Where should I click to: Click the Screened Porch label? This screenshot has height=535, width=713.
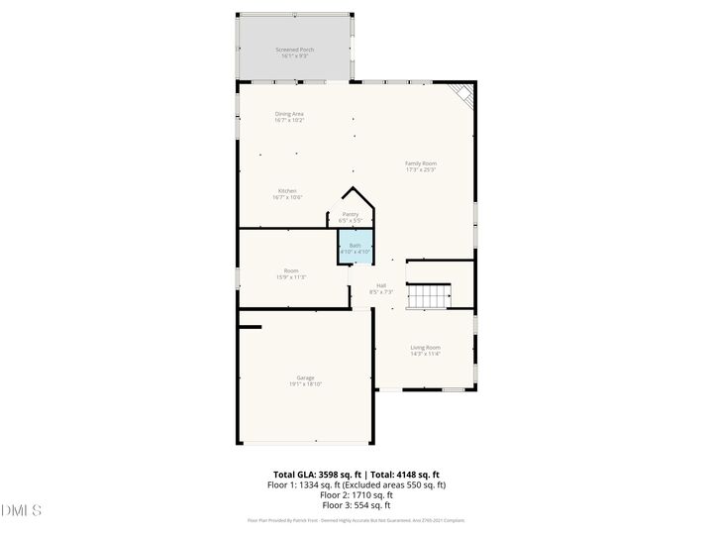coord(295,49)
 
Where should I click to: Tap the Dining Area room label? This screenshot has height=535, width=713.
coord(289,114)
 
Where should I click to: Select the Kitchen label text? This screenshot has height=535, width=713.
coord(287,191)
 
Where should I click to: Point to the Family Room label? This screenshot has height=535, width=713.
coord(421,163)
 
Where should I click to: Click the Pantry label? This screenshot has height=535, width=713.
coord(351,214)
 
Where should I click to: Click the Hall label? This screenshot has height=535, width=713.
coord(381,285)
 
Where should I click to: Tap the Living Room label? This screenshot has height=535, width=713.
coord(426,347)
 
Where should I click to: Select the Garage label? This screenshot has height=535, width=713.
coord(306,377)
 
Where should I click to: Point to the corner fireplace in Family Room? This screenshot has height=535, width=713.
coord(462,93)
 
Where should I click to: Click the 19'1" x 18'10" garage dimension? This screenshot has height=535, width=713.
coord(306,383)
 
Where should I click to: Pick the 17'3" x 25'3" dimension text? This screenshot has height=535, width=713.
coord(421,169)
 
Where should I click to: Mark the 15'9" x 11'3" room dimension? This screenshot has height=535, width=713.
coord(291,276)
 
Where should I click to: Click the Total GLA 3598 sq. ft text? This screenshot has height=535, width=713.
coord(318,475)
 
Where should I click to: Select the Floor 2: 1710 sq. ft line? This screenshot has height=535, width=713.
coord(356,494)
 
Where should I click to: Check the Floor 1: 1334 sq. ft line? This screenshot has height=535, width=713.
coord(356,484)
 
